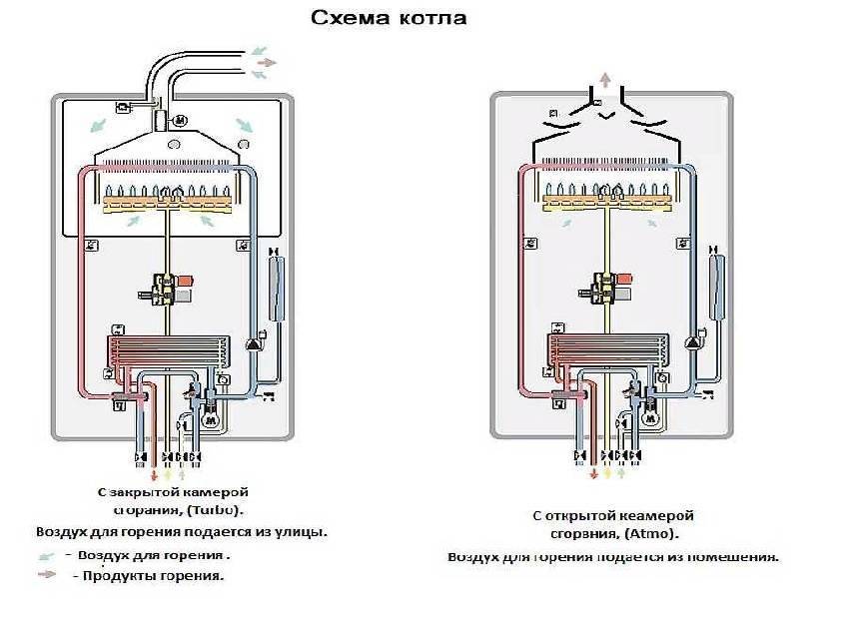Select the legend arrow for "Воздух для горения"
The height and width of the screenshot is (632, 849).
[45, 555]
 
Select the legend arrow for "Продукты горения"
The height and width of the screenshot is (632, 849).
[45, 575]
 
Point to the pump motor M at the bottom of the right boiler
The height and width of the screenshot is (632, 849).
[649, 408]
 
